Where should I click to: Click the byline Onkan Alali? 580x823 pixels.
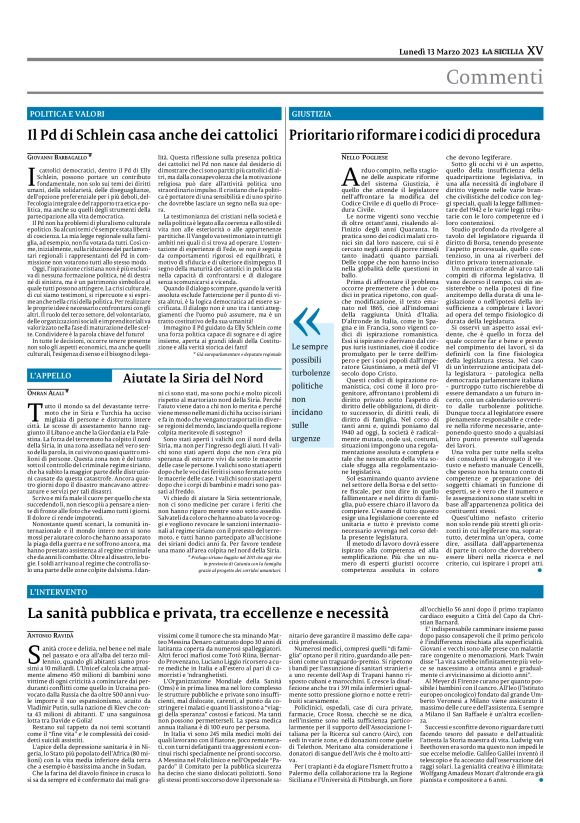pyautogui.click(x=48, y=396)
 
